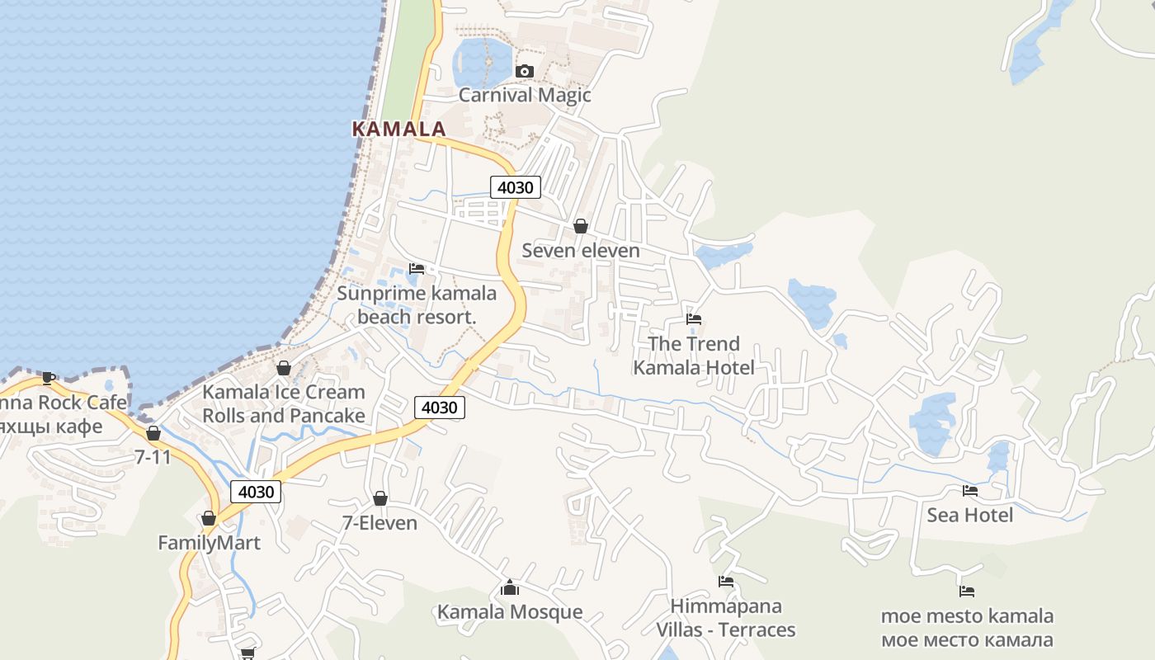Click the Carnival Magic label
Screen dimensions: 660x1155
coord(525,95)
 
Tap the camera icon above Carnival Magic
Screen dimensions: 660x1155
coord(524,72)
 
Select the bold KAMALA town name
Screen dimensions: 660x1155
coord(398,129)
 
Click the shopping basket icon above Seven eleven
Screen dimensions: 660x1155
coord(581,226)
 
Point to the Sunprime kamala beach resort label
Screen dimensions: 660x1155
coord(417,304)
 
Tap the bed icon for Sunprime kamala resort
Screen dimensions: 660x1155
coord(417,269)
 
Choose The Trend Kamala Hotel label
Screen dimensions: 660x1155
coord(693,356)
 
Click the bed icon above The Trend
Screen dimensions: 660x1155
coord(694,319)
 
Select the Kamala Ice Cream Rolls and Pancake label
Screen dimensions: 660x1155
coord(283,403)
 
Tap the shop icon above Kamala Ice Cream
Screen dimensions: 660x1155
coord(284,368)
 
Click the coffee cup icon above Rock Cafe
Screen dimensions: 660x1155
coord(49,378)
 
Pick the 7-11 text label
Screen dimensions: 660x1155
coord(153,456)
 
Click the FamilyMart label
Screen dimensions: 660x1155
coord(209,543)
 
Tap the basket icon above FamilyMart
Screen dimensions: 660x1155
coord(209,518)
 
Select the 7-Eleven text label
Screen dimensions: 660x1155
coord(379,523)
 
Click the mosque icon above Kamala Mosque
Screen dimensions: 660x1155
coord(510,587)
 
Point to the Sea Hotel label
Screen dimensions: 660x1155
coord(970,515)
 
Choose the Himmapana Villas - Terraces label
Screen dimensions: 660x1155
coord(726,618)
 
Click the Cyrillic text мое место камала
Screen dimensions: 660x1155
coord(967,639)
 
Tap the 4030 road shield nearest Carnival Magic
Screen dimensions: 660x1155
coord(516,187)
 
